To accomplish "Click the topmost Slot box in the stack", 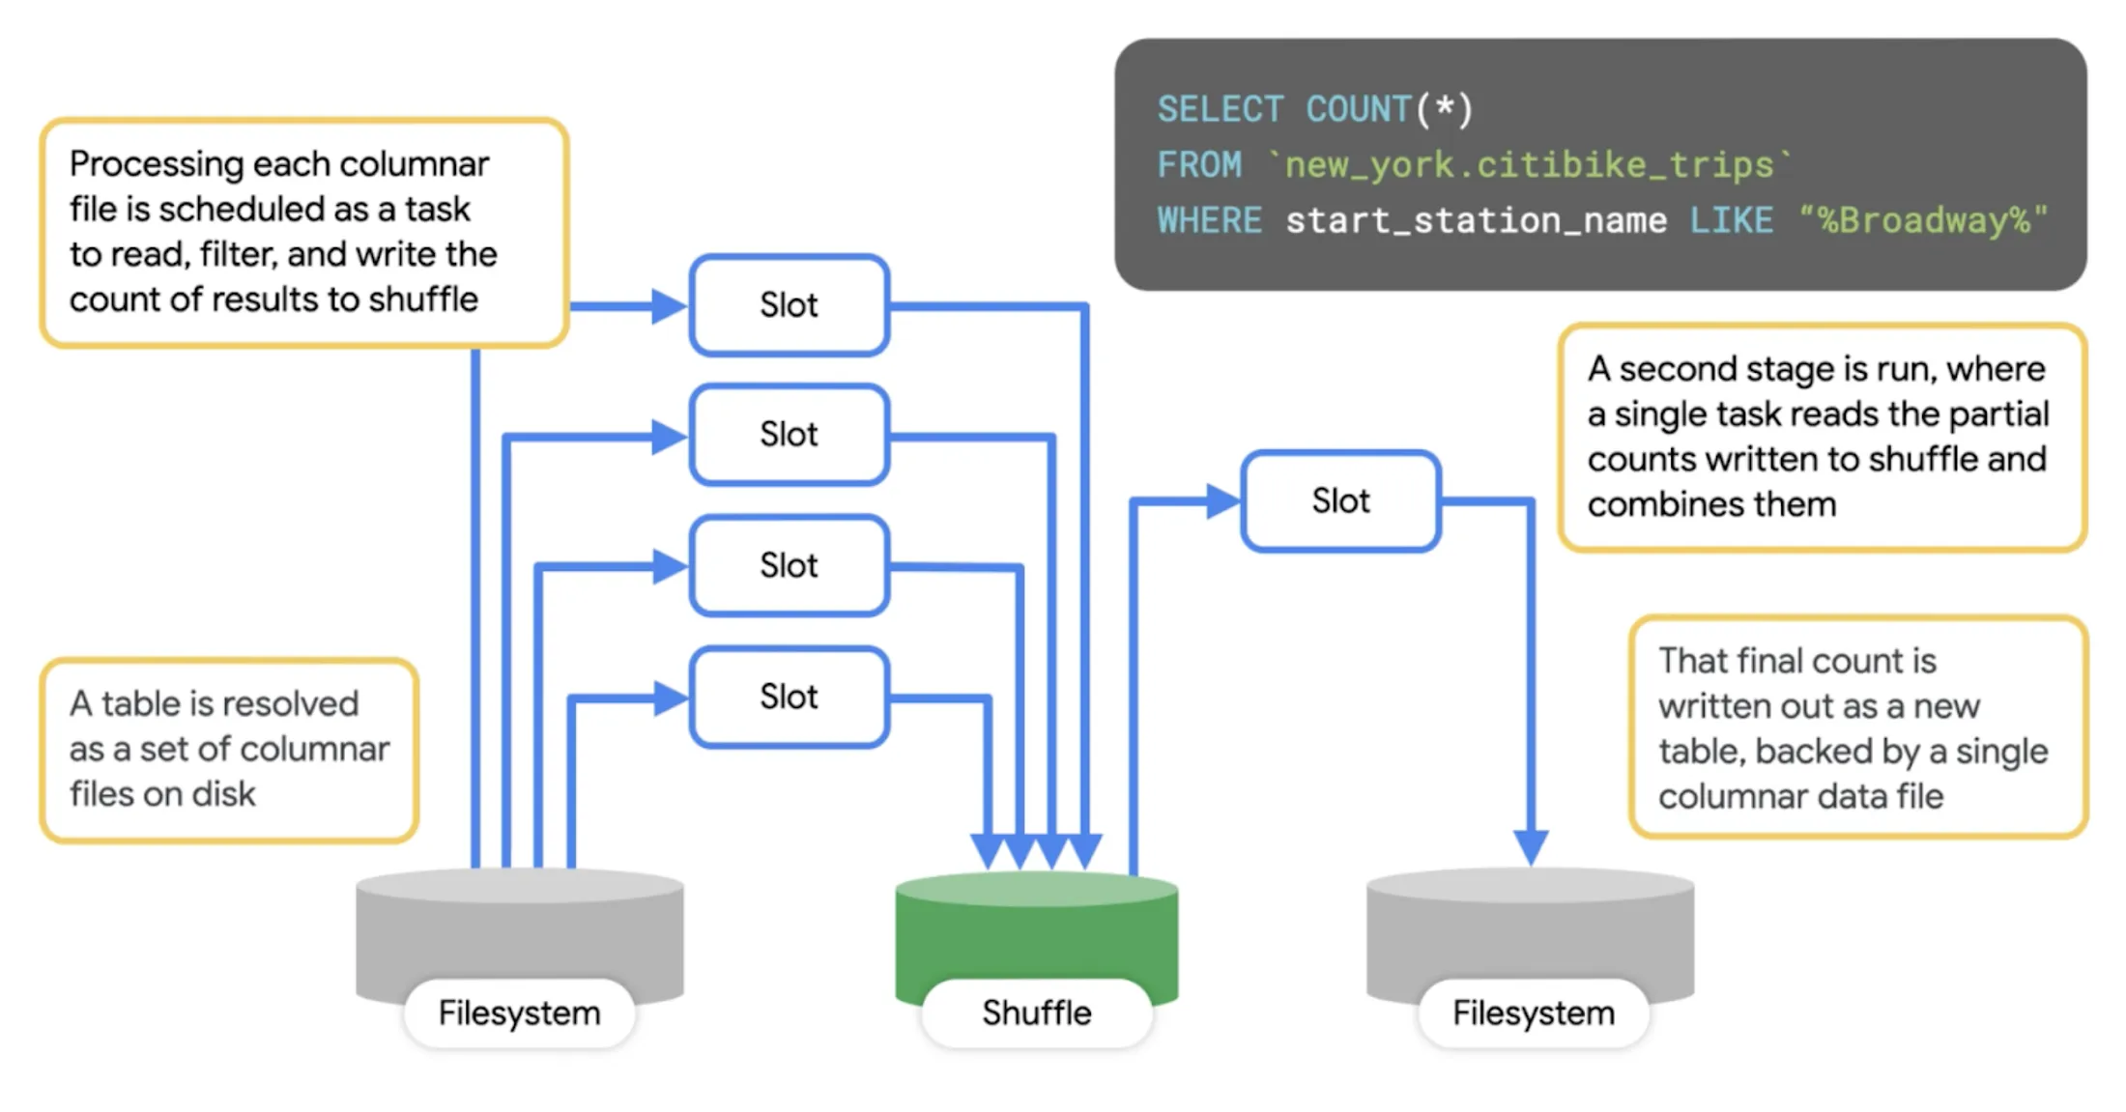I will pos(789,305).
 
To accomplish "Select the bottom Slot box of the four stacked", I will pos(789,697).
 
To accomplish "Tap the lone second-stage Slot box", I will pos(1340,500).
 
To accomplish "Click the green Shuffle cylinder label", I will pos(1036,1012).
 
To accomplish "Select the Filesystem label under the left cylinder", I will pos(519,1012).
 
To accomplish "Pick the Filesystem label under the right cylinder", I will pos(1534,1012).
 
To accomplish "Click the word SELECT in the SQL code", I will pos(1221,109).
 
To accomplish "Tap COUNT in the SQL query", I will pos(1359,109).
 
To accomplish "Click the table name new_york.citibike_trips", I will pos(1529,165).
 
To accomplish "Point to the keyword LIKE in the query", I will pos(1731,220).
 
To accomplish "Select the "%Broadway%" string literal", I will pos(1923,220).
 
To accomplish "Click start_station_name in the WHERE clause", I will pos(1476,220).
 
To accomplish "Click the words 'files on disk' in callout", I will pos(162,794).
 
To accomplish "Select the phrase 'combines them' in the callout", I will pos(1711,504).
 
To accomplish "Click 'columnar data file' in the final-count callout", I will pos(1800,796).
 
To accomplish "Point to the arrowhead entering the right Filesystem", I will pos(1531,847).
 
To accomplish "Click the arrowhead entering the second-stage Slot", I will pos(1223,500).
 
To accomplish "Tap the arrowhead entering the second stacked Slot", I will pos(669,437).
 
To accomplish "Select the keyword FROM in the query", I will pos(1199,165).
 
